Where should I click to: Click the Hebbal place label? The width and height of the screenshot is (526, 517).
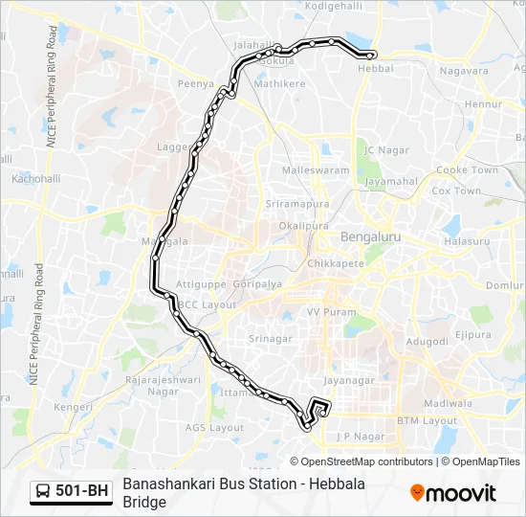tap(375, 68)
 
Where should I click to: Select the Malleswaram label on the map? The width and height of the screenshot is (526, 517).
tap(316, 169)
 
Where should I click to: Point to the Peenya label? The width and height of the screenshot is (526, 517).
tap(195, 84)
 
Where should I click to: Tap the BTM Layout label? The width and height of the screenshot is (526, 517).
tap(427, 420)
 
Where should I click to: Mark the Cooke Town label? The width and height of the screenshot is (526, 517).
tap(467, 169)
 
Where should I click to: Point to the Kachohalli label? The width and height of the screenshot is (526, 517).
tap(35, 179)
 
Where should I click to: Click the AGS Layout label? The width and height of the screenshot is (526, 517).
tap(214, 427)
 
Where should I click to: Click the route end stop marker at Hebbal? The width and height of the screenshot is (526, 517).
tap(372, 55)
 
